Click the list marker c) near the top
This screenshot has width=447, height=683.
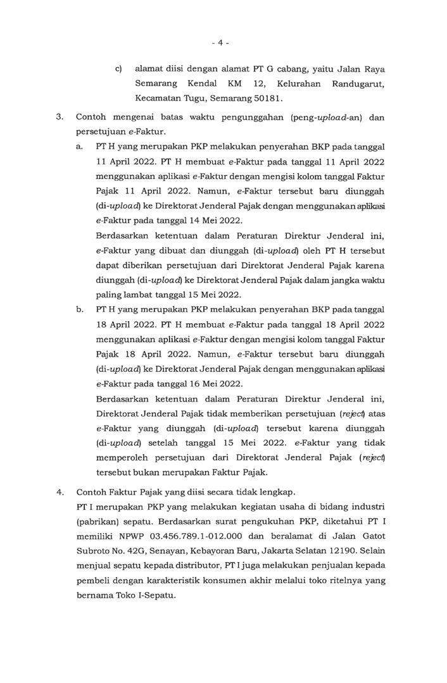(118, 68)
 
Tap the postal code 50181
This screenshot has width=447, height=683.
(268, 99)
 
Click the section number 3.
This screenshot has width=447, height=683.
(60, 117)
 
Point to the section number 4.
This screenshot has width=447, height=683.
(60, 491)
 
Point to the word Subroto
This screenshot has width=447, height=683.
(95, 552)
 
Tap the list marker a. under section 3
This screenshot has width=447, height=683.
(80, 146)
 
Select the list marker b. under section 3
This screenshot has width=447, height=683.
(80, 310)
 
